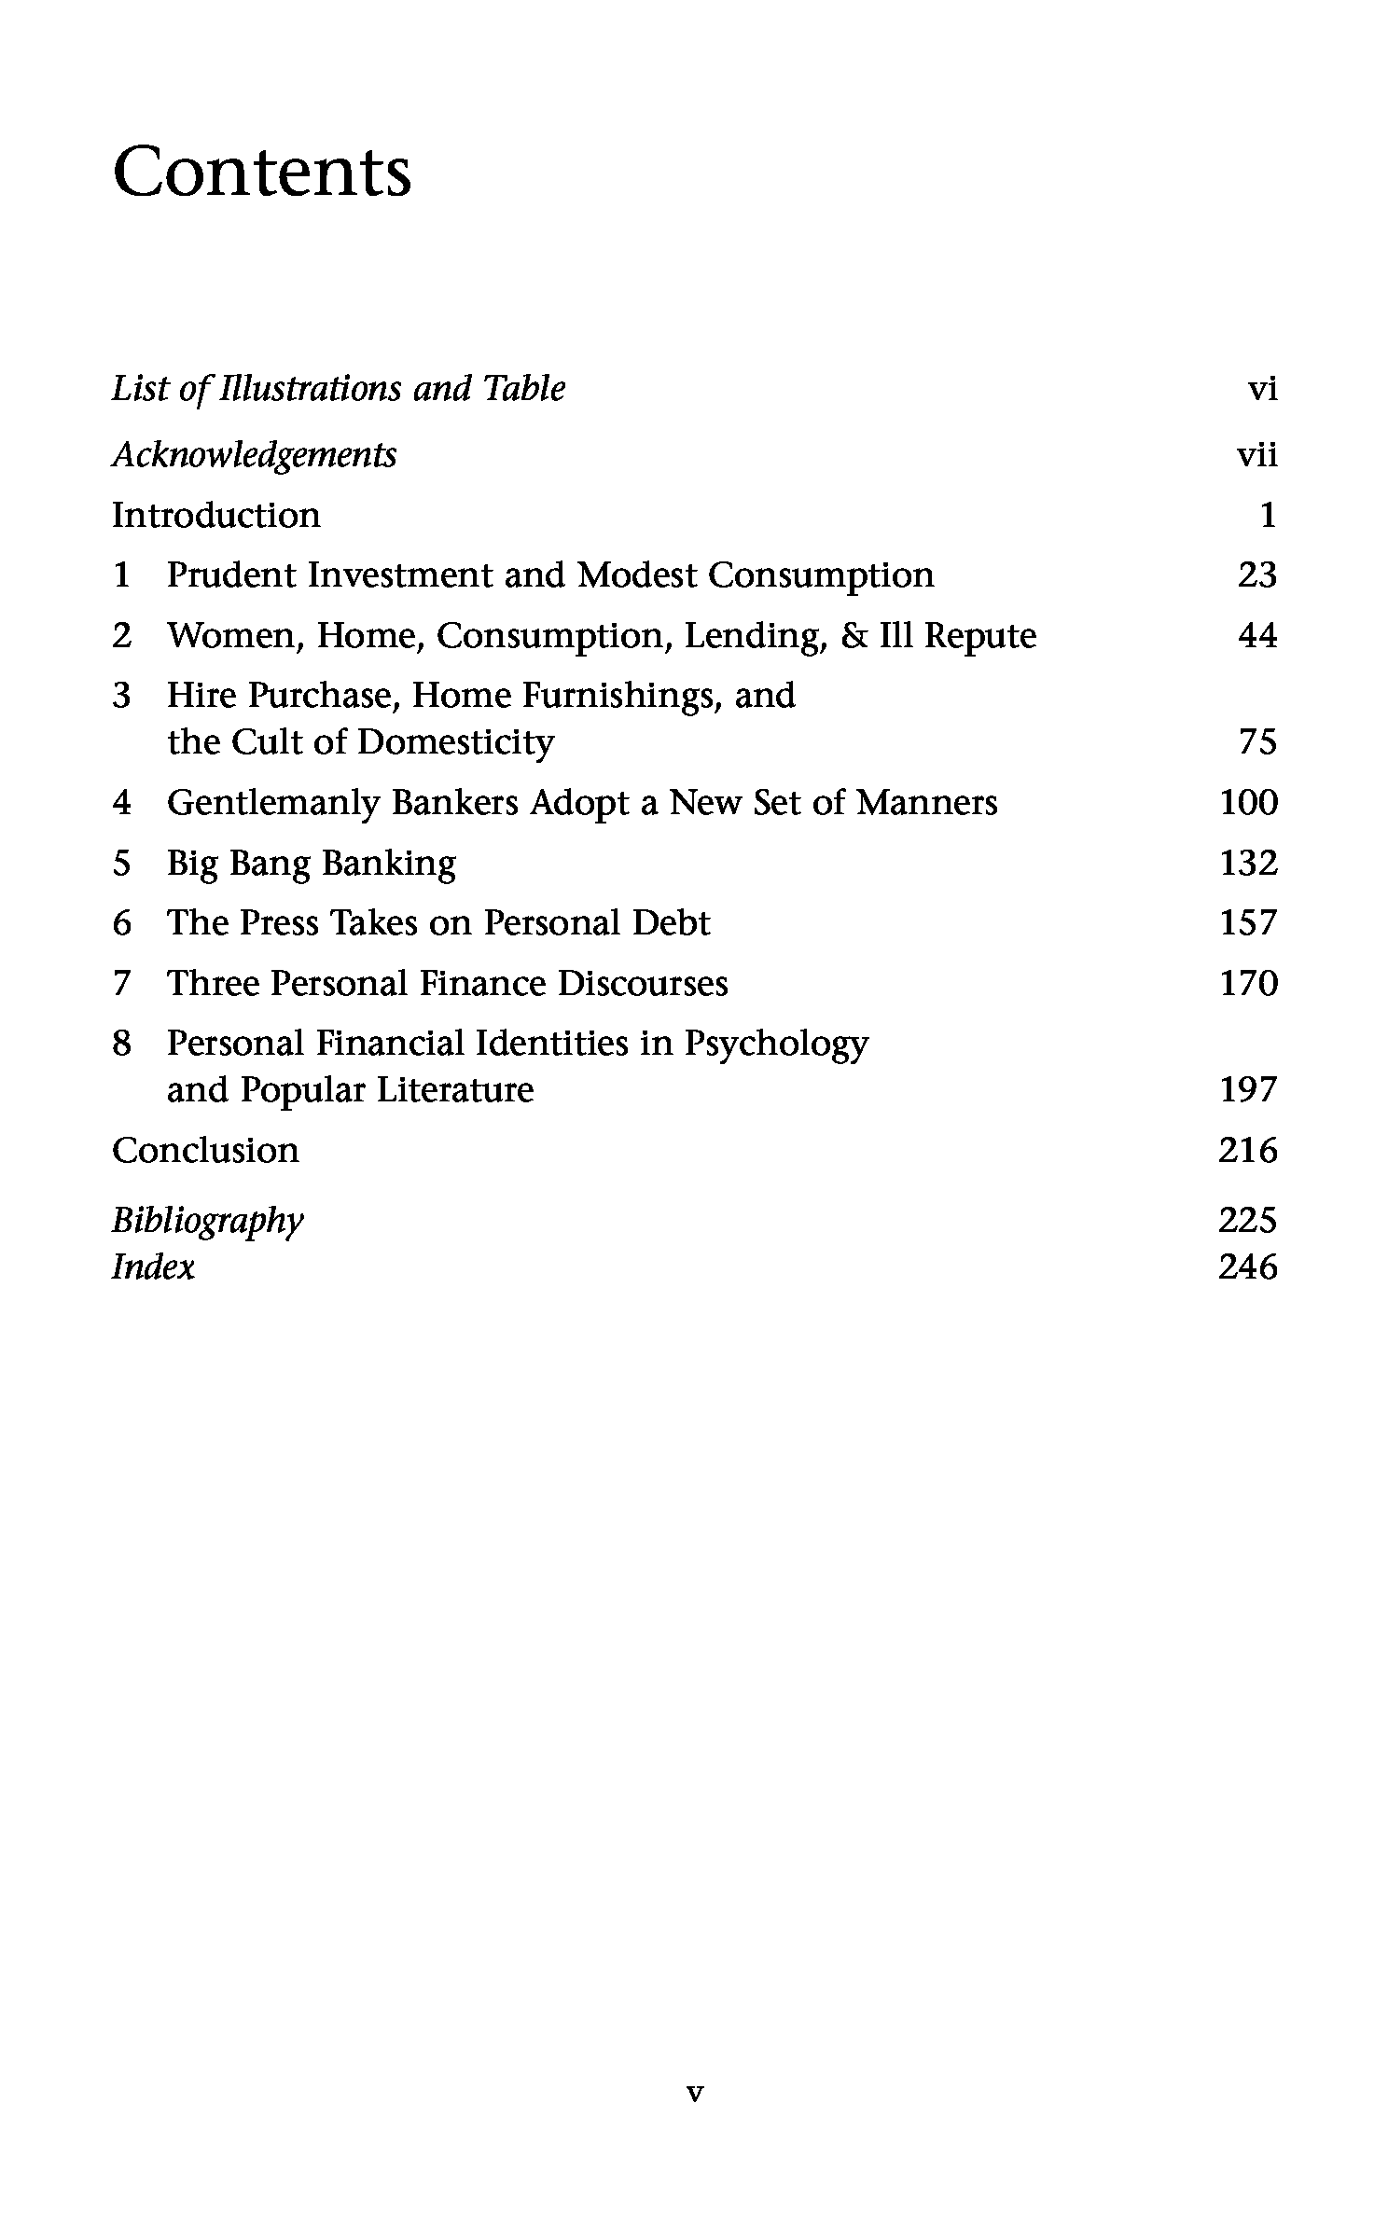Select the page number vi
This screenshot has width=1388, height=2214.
pos(1261,389)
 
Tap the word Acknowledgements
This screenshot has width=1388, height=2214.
pos(254,455)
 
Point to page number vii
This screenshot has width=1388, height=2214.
pos(1256,455)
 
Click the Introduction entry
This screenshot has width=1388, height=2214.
pos(215,515)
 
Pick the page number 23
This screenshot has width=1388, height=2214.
pos(1256,575)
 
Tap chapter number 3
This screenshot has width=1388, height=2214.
pos(121,696)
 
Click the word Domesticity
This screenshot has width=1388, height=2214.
pos(455,743)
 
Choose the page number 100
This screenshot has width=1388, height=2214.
pos(1248,803)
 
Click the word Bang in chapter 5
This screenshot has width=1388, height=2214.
pos(270,864)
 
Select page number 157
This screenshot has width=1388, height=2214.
pos(1248,923)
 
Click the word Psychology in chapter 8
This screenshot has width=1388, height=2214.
pos(775,1045)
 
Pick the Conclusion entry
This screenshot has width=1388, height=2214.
pos(205,1151)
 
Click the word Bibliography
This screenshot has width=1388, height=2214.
pos(207,1221)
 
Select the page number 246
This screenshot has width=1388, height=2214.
pos(1247,1267)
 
